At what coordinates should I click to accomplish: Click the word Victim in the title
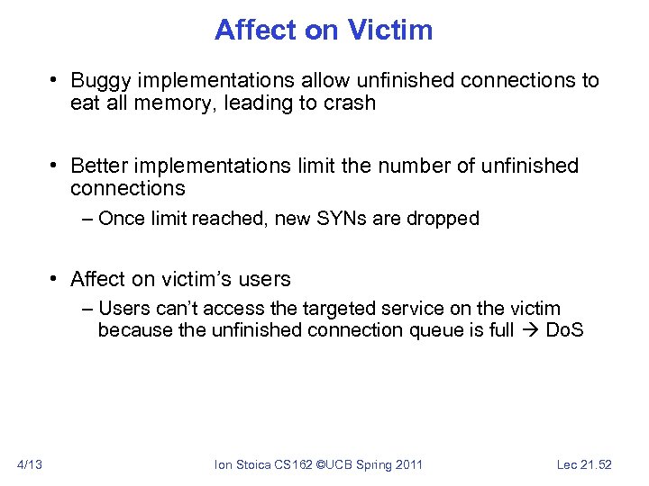pyautogui.click(x=390, y=30)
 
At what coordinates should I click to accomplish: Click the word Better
pyautogui.click(x=98, y=166)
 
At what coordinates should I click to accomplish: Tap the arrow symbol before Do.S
pyautogui.click(x=530, y=330)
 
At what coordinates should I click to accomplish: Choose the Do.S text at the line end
pyautogui.click(x=565, y=330)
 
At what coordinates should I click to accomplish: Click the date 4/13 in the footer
pyautogui.click(x=31, y=464)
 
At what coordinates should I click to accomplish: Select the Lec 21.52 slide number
pyautogui.click(x=584, y=464)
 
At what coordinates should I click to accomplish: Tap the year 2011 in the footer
pyautogui.click(x=407, y=464)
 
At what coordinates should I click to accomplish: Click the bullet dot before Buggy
pyautogui.click(x=55, y=81)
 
